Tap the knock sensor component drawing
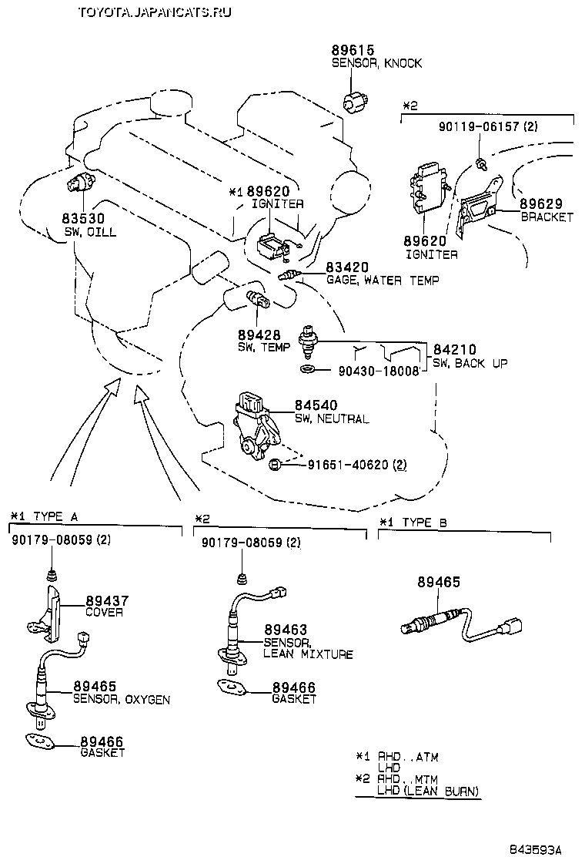(x=356, y=101)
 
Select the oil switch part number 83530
(x=84, y=220)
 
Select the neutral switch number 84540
(x=315, y=406)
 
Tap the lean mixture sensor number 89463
(x=285, y=630)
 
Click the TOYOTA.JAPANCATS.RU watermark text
(x=155, y=12)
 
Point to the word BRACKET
(x=547, y=217)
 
